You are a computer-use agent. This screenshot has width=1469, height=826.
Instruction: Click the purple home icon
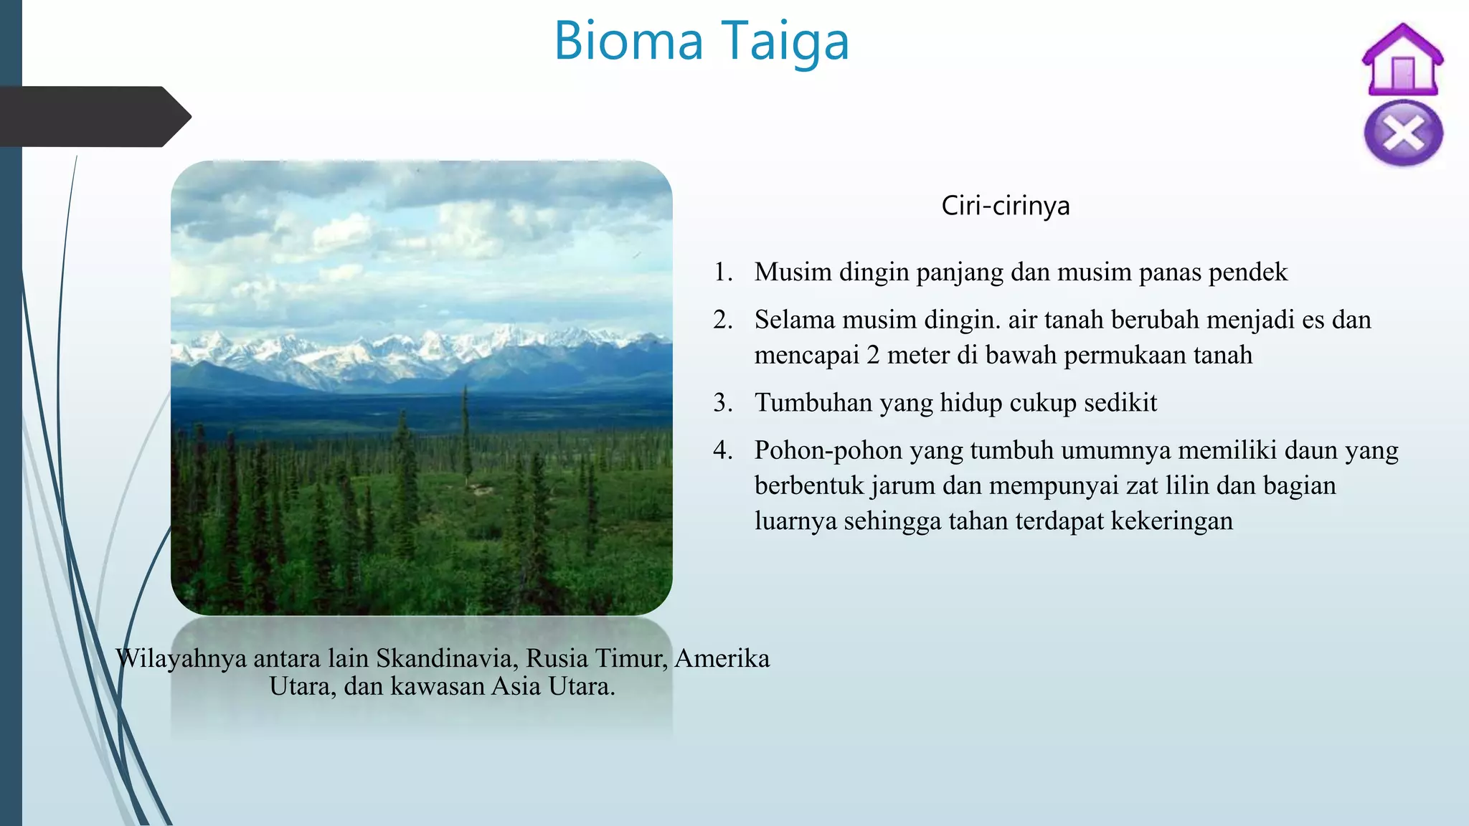1402,60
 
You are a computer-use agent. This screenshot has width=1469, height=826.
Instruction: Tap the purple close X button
1403,133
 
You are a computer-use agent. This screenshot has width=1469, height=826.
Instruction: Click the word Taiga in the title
785,42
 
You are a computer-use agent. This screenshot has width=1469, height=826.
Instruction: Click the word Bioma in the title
628,42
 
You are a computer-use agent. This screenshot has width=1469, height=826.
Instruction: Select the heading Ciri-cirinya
1005,206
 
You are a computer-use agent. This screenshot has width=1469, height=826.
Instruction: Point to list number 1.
722,272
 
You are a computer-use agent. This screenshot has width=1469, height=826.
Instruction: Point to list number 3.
722,403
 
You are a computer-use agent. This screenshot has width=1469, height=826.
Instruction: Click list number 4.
722,450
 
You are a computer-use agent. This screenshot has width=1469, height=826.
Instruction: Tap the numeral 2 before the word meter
873,355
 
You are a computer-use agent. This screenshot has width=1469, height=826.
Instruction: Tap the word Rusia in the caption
557,658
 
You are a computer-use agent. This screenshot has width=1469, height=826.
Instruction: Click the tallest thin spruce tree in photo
466,430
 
